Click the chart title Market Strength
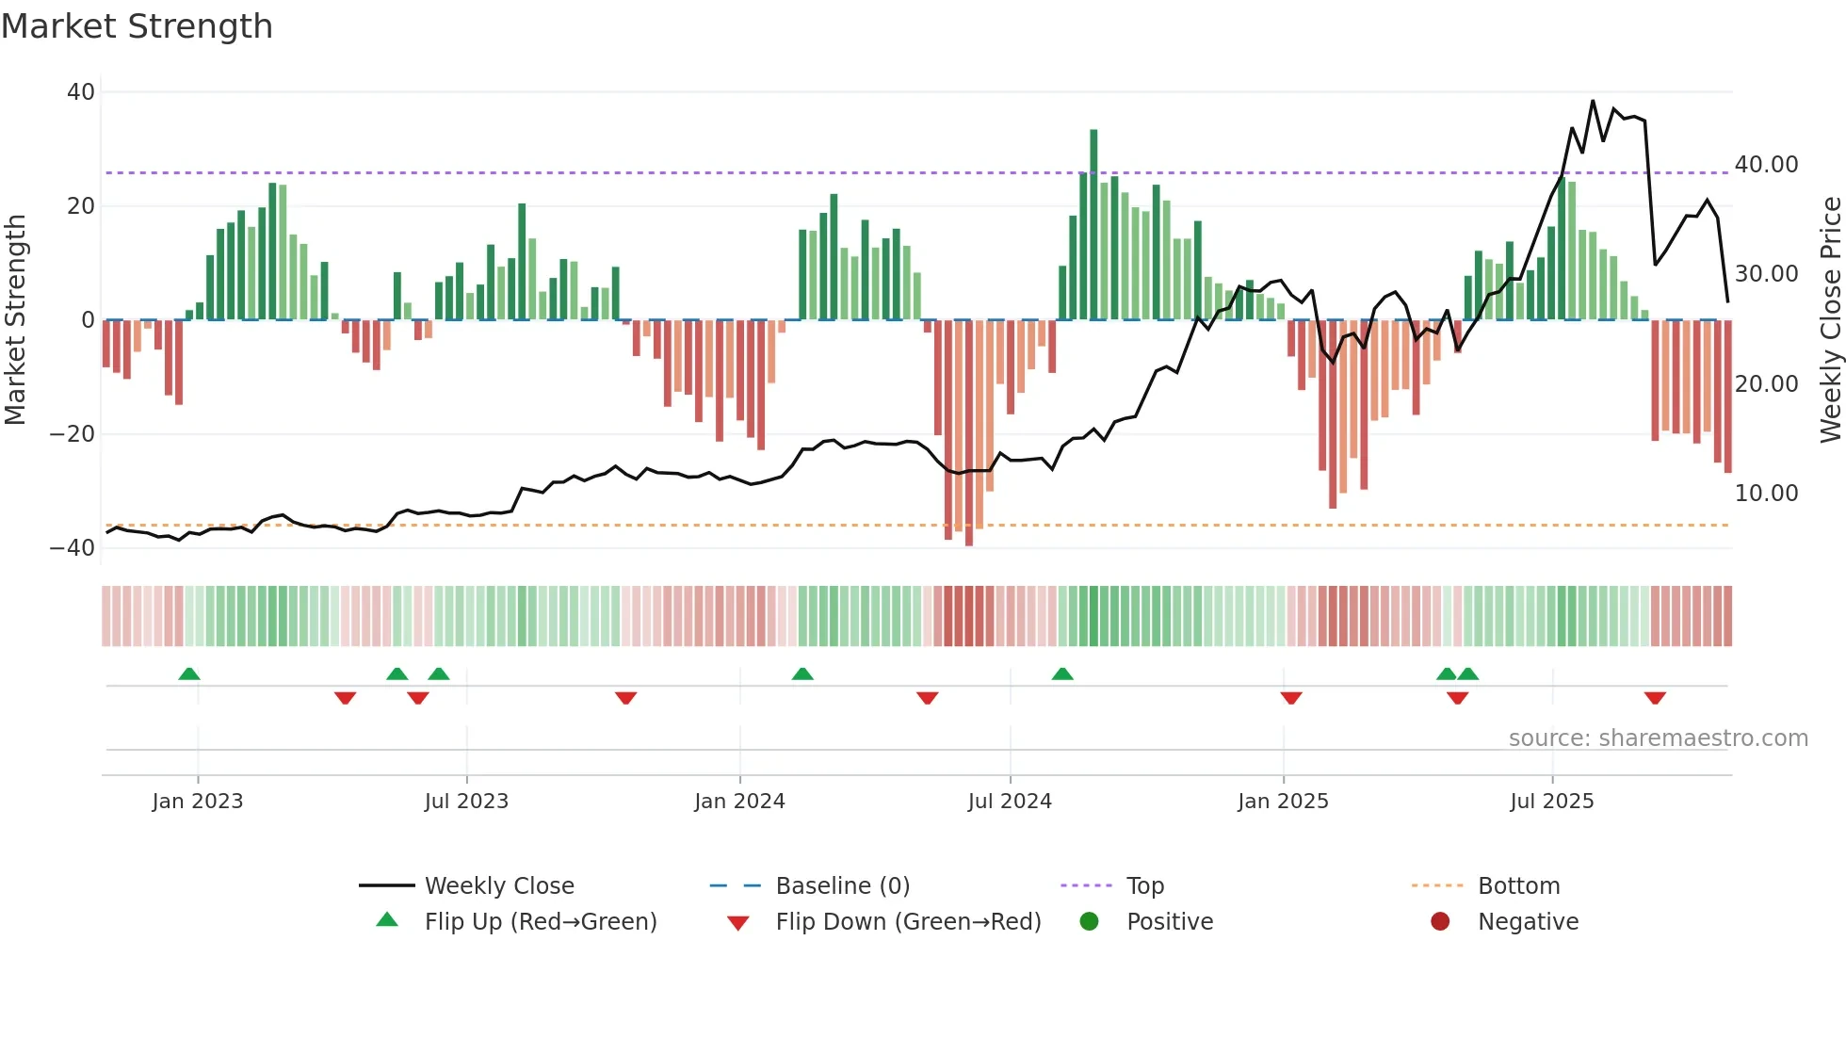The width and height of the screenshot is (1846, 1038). point(137,26)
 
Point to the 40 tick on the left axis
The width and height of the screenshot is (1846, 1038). point(81,92)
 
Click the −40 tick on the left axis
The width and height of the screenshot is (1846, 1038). point(73,548)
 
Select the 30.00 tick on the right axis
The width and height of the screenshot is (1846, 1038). point(1766,274)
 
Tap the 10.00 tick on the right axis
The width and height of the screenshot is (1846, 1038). point(1766,494)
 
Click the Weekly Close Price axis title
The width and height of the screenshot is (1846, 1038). point(1830,320)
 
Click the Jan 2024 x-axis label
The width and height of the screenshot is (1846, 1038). point(739,802)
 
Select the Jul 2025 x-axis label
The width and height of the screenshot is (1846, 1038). point(1551,802)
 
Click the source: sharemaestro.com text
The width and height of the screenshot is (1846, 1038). point(1658,738)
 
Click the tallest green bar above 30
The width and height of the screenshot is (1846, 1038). point(1093,224)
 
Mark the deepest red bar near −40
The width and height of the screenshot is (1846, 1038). point(969,433)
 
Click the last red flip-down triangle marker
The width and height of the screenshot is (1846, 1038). point(1655,698)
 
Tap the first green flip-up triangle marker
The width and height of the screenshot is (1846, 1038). point(189,673)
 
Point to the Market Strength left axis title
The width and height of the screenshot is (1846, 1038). point(16,320)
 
